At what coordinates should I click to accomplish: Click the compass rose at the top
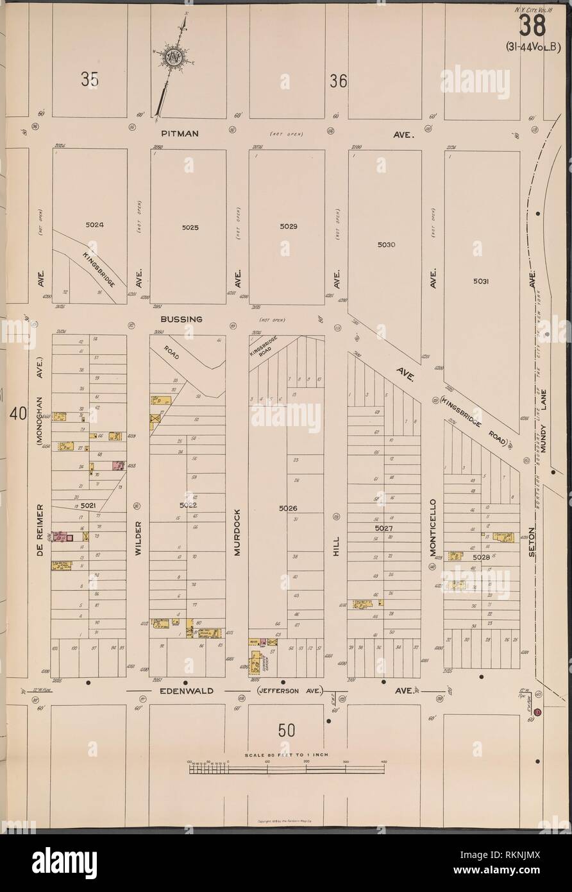coord(173,58)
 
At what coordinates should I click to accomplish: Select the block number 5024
coord(92,225)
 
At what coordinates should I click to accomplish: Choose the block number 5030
coord(387,244)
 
